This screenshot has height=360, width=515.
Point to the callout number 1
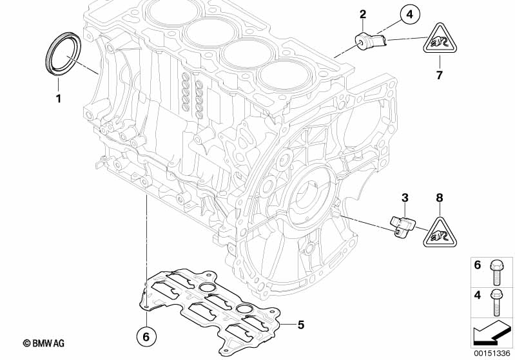pos(58,99)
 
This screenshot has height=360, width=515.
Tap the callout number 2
pos(363,14)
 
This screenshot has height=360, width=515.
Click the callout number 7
pos(440,75)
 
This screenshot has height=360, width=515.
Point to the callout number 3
pos(405,196)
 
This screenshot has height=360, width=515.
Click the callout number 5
pos(300,325)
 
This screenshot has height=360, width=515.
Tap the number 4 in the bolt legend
pos(478,295)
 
